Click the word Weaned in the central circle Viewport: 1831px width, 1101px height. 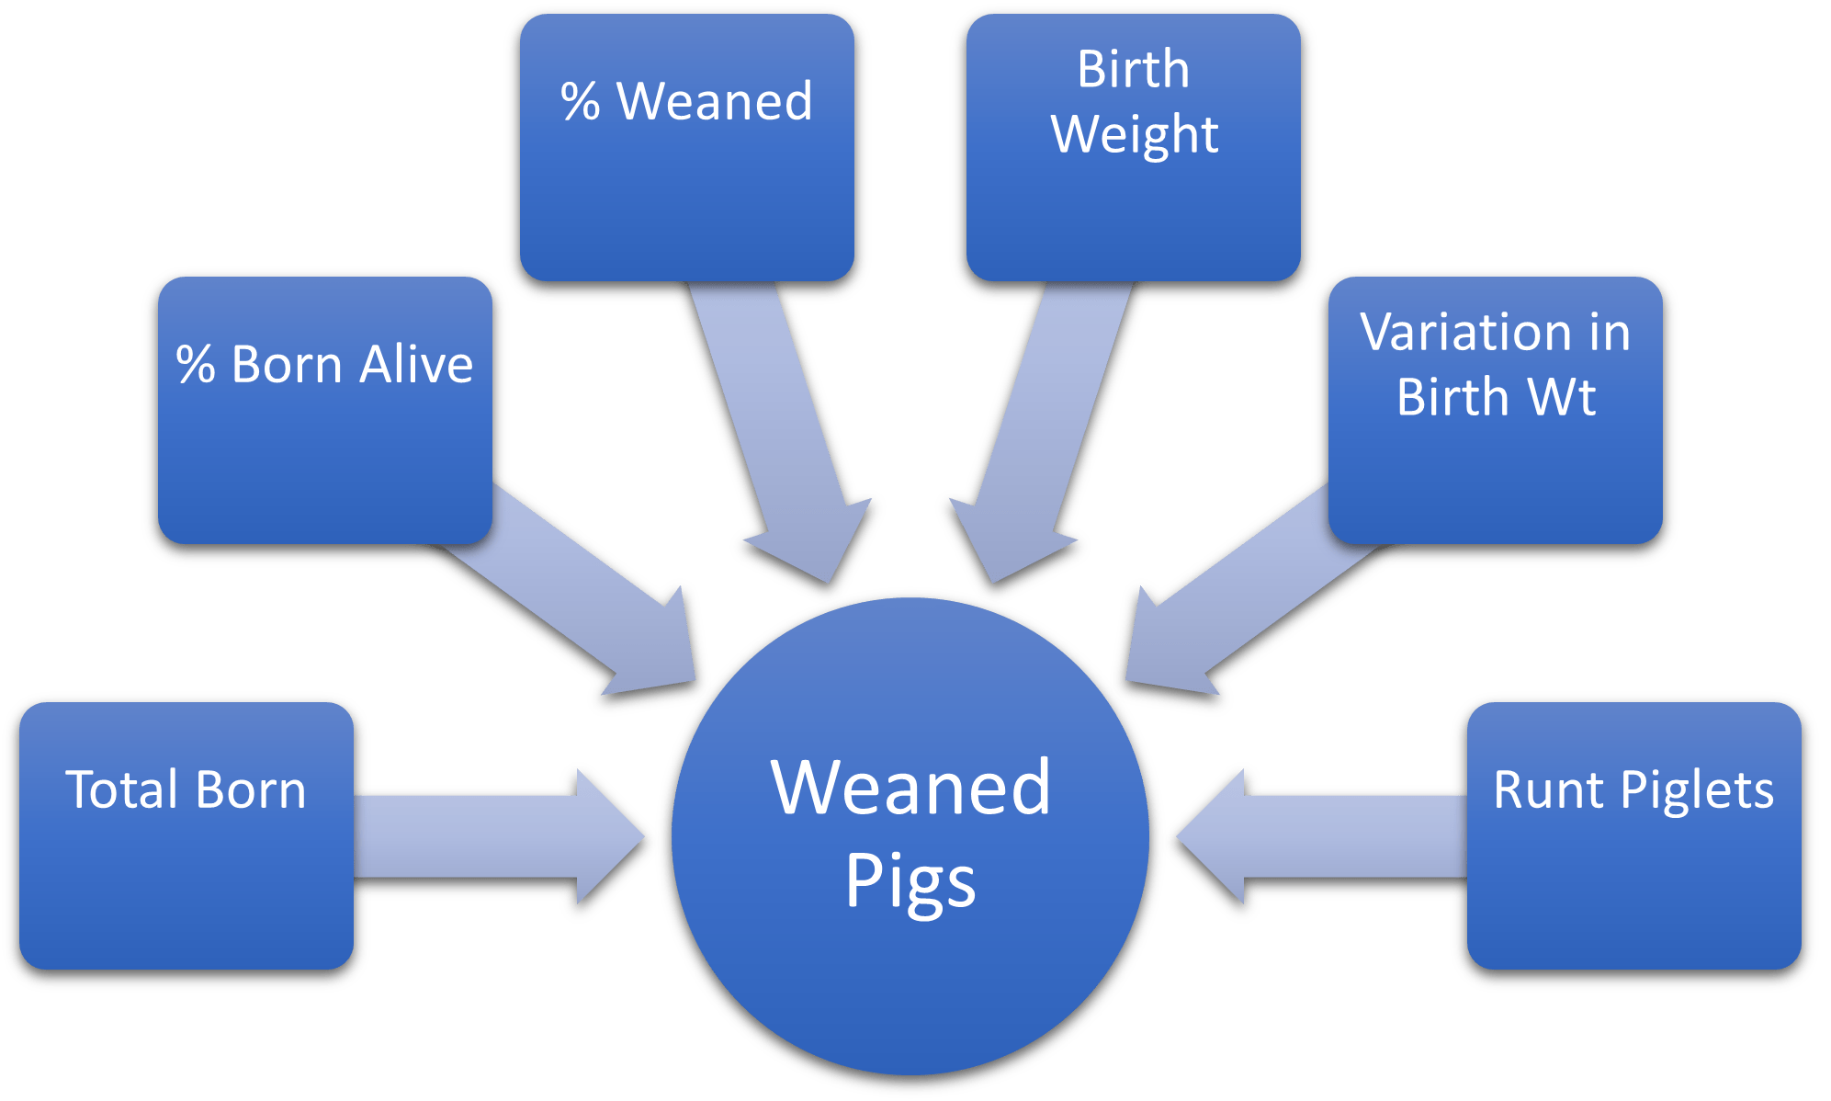coord(910,788)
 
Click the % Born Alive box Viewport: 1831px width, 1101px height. coord(325,410)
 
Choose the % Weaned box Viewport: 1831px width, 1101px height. coord(687,147)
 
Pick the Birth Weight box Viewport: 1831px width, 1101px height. coord(1134,147)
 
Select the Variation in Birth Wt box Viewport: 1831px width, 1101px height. coord(1496,410)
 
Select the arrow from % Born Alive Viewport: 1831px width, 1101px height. coord(588,597)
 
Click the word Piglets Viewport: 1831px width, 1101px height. coord(1697,790)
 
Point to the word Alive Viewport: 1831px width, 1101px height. coord(415,364)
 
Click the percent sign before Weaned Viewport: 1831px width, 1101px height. coord(581,101)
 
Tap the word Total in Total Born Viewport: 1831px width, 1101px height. coord(123,790)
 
